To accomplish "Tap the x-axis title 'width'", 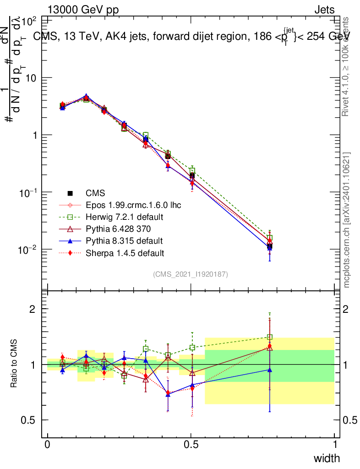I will click(327, 458).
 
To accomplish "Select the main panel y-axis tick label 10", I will click(31, 78).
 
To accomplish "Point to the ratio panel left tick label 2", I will click(33, 309).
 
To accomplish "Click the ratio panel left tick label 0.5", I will click(28, 420).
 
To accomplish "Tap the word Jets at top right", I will click(324, 10).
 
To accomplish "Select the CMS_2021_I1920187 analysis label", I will click(191, 274).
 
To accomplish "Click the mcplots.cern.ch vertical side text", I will click(347, 220).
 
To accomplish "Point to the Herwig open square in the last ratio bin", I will click(270, 337).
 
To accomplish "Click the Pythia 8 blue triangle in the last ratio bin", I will click(270, 370).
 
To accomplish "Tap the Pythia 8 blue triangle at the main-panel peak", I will click(86, 97).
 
